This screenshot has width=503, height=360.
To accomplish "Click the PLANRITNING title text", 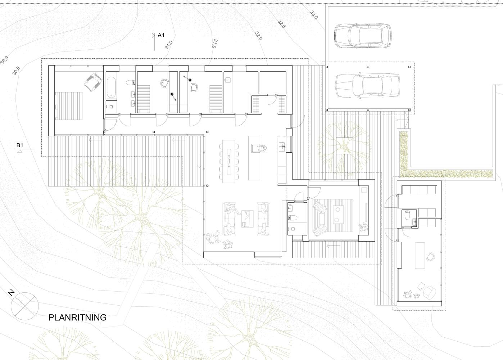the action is pos(77,318).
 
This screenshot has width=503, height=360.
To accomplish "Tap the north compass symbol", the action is pos(25,306).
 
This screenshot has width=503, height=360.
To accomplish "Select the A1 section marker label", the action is pos(161,35).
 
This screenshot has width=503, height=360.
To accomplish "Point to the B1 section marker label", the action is pos(20,145).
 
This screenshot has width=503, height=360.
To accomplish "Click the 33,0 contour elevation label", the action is pos(314,15).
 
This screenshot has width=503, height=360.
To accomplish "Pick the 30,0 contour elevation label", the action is pos(4,60).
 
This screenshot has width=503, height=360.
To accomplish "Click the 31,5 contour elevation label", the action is pos(215,44).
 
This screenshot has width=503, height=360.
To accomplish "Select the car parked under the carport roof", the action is pos(368,86).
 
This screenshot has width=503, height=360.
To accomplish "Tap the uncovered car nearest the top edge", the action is pos(362,36).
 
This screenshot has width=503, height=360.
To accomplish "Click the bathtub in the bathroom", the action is pos(111,87).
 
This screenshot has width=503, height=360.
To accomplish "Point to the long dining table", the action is pos(229,161).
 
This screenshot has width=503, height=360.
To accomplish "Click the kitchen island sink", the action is pos(255,149).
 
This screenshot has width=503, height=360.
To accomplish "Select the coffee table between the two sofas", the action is pos(247,219).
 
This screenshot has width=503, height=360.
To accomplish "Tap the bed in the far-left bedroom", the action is pos(69,106).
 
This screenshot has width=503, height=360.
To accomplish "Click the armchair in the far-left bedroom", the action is pos(93,82).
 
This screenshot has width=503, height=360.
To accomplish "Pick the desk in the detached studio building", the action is pos(420,255).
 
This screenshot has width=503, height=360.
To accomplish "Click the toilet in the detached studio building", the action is pos(407,215).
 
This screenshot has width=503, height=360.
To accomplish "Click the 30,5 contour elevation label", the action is pos(16,71).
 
